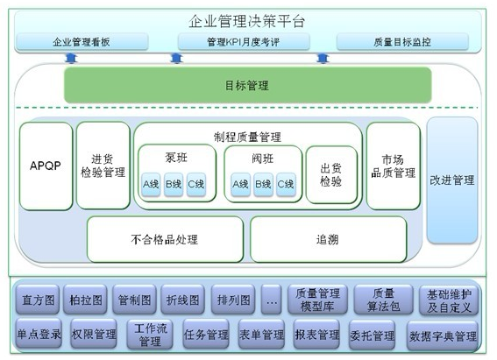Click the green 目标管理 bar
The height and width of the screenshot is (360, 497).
click(247, 85)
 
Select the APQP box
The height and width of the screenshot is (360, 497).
click(46, 166)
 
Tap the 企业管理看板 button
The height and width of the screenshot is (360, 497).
click(82, 42)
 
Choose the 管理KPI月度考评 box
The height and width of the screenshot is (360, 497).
click(244, 42)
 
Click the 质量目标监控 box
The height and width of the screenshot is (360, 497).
click(402, 42)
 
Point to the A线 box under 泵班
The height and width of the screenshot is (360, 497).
click(151, 184)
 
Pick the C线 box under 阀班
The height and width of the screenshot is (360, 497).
click(286, 184)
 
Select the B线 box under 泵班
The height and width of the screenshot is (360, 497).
click(174, 184)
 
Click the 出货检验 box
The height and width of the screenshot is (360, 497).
click(331, 174)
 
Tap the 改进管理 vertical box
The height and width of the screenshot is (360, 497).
click(452, 180)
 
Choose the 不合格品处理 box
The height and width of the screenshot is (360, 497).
click(165, 239)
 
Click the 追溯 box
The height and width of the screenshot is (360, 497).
click(328, 239)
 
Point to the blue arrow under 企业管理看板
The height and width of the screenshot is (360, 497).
click(71, 58)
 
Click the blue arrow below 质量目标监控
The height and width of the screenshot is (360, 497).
click(323, 59)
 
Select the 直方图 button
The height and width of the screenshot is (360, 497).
click(38, 300)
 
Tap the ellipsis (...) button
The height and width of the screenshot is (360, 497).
click(272, 300)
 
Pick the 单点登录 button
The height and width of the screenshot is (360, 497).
click(39, 334)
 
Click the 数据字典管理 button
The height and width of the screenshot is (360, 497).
click(443, 335)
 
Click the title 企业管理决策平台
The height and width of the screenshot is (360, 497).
click(247, 21)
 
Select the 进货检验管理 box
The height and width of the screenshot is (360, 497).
click(103, 166)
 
